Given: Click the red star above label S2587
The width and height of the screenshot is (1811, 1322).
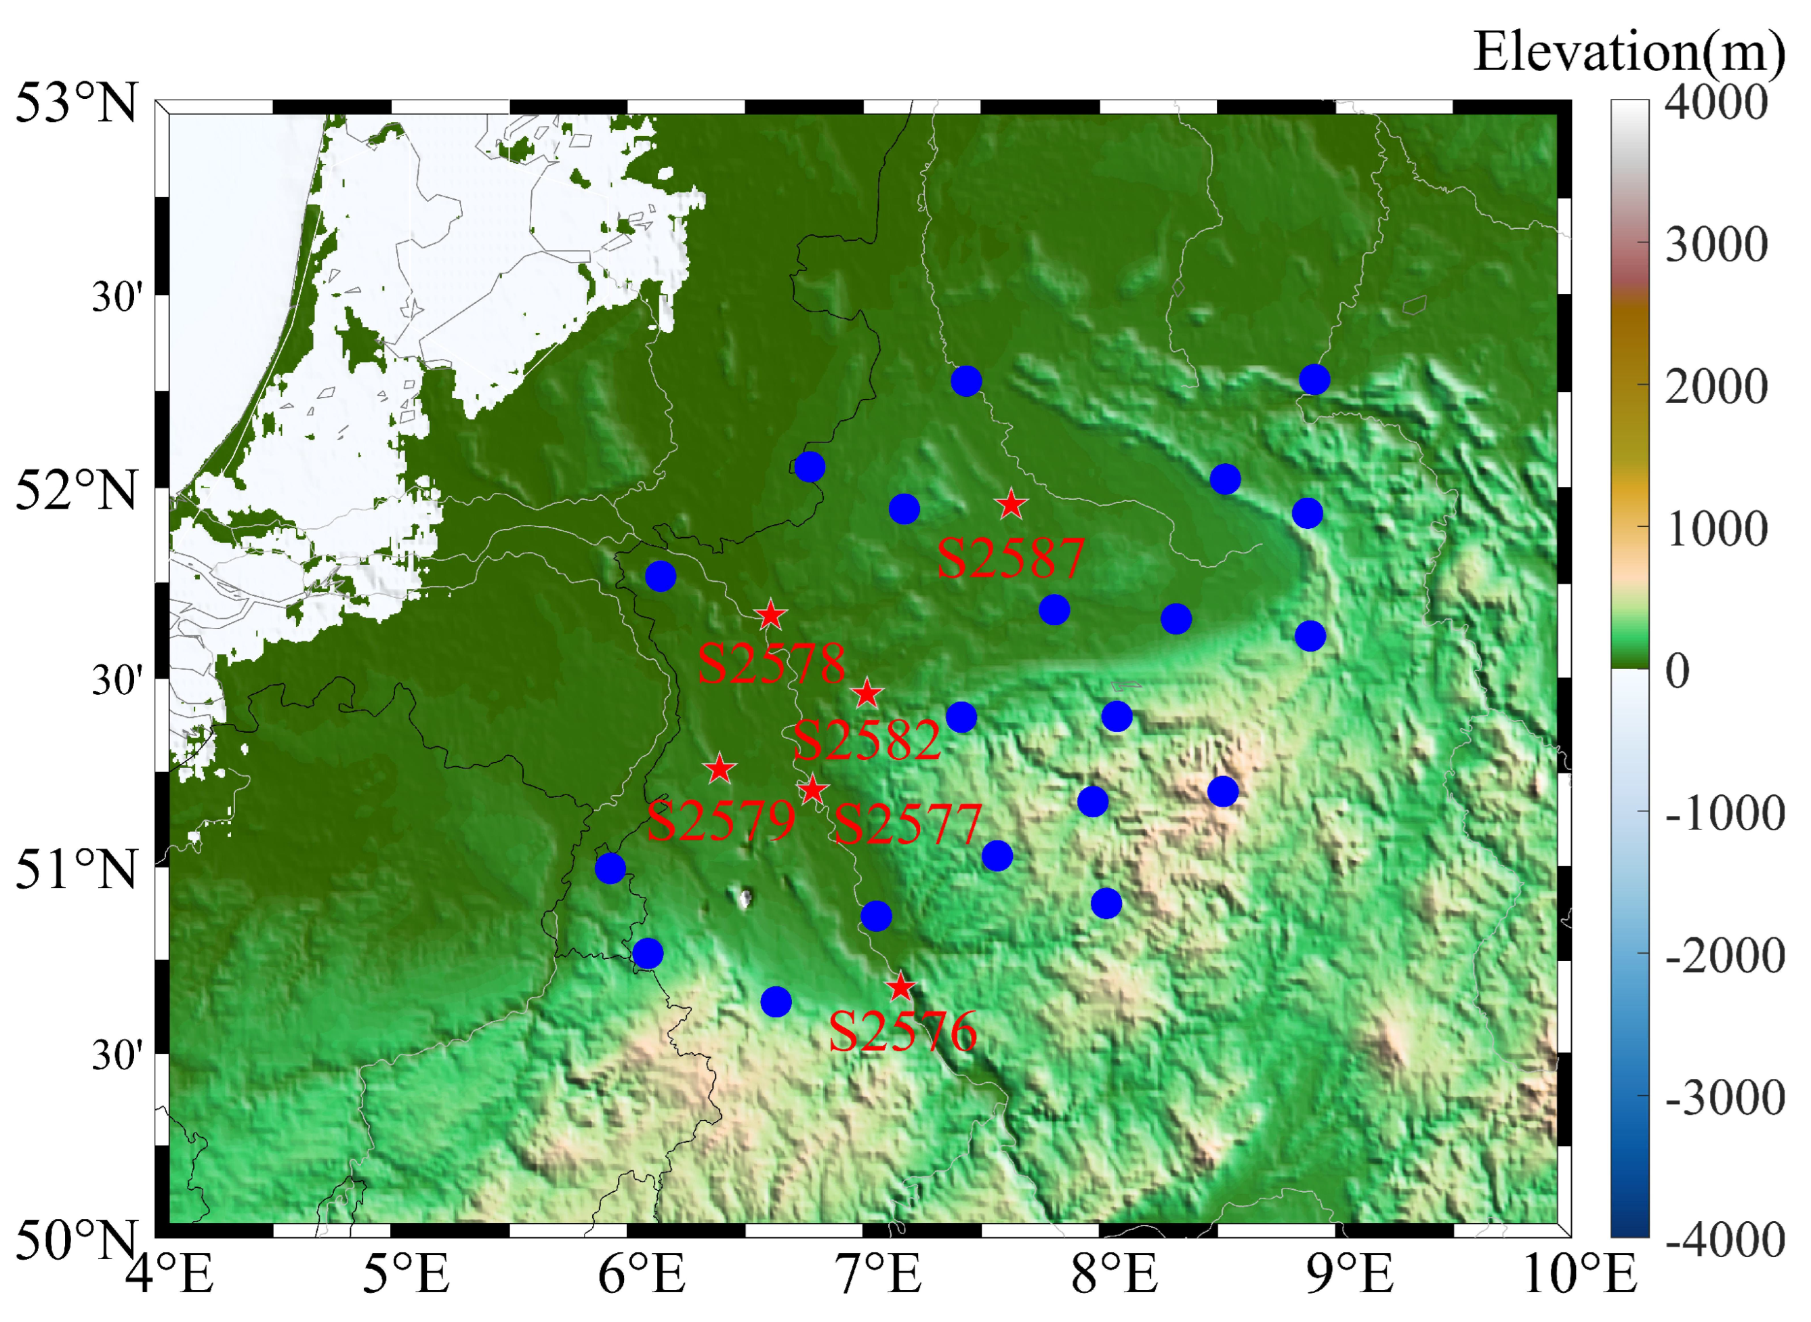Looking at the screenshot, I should tap(1011, 504).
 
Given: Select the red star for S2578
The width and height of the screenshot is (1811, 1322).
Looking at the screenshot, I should tap(770, 616).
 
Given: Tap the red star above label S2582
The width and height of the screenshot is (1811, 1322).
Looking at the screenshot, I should tap(867, 694).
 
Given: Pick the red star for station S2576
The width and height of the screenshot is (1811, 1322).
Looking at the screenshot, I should tap(900, 987).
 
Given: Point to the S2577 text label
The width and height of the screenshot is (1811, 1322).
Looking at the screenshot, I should tap(908, 824).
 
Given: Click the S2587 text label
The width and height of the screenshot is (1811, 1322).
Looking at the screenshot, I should tap(1010, 558).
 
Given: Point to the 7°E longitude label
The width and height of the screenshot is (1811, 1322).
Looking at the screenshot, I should tap(879, 1275).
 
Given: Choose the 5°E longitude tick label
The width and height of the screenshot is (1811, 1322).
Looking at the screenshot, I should tap(407, 1275).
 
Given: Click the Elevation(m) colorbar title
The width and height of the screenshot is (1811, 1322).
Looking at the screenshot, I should tap(1629, 52).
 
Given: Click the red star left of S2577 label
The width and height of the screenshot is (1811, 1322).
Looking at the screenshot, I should tap(812, 790).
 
